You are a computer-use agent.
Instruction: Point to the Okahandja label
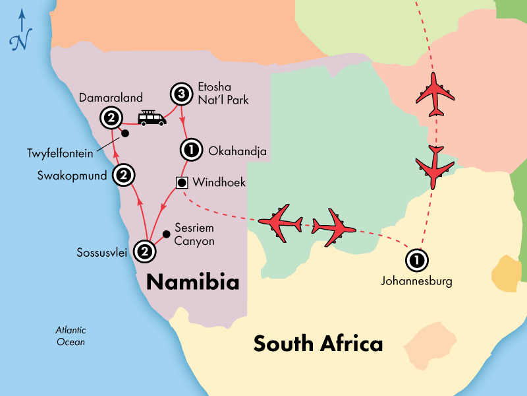[x=237, y=152]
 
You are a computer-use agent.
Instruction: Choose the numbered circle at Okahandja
[x=191, y=151]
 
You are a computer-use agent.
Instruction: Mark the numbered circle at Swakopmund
[x=123, y=175]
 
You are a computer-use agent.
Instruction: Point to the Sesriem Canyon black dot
[x=166, y=234]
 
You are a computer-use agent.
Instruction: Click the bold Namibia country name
[x=192, y=282]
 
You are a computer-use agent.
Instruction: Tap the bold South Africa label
[x=318, y=343]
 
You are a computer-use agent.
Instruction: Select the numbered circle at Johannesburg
[x=416, y=260]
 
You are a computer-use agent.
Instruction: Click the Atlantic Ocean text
[x=70, y=336]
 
